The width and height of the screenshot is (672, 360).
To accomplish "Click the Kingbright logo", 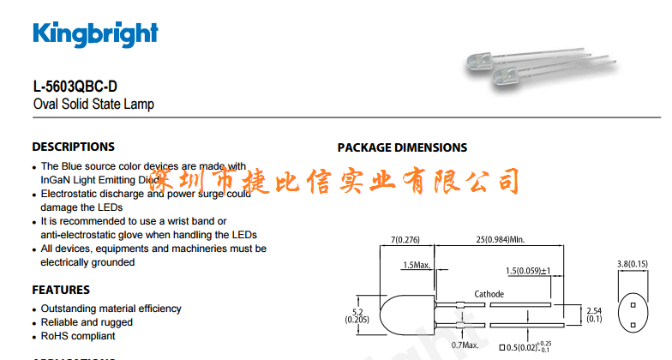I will coord(95,33).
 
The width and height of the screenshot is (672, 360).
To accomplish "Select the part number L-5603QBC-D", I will coord(75,87).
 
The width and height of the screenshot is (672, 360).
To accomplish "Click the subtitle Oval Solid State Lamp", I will coord(93,105).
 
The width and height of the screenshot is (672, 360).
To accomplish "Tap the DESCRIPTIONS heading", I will coord(73,147).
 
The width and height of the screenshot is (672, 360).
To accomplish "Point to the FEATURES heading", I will coord(61,290).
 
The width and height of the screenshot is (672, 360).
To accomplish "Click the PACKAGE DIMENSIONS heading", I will coord(402,147).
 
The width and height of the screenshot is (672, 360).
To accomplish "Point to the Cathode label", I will coord(489,294).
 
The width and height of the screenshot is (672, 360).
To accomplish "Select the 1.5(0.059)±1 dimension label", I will coord(527,272).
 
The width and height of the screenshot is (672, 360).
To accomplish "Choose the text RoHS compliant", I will coord(78,336).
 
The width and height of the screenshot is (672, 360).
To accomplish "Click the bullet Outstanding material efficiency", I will coord(111,309).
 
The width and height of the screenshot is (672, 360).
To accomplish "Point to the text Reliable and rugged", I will coord(87,322).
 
